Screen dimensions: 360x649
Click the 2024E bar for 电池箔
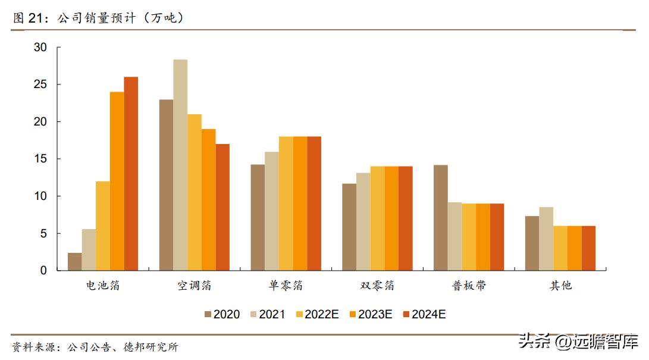pyautogui.click(x=131, y=174)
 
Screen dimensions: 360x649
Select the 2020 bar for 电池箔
pyautogui.click(x=75, y=262)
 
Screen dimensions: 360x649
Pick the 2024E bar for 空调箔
pyautogui.click(x=222, y=207)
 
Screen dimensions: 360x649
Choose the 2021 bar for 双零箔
pyautogui.click(x=363, y=221)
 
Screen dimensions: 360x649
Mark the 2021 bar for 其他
pyautogui.click(x=546, y=239)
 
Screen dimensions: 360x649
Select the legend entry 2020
pyautogui.click(x=221, y=314)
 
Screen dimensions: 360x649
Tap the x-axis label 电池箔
pyautogui.click(x=103, y=286)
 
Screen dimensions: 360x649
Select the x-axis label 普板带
pyautogui.click(x=469, y=286)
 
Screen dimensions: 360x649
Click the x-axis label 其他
pyautogui.click(x=560, y=286)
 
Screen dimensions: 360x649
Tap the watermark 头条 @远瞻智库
pyautogui.click(x=579, y=341)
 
